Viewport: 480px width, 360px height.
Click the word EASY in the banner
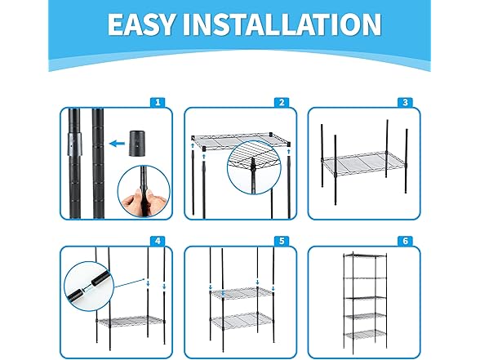[142, 24]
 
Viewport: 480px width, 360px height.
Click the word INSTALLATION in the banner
[282, 24]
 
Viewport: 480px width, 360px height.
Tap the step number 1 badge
[158, 102]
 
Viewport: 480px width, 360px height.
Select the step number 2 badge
[282, 102]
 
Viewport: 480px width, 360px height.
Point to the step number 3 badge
[405, 102]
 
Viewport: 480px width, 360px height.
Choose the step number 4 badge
[158, 241]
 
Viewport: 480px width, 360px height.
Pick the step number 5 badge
[282, 241]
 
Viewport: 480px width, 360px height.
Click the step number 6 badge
[405, 241]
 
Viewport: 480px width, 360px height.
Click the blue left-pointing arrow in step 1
[118, 143]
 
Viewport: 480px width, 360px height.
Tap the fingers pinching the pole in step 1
[144, 199]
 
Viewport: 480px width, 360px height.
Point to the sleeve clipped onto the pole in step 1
[75, 144]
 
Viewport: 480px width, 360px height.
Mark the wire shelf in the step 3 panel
[364, 164]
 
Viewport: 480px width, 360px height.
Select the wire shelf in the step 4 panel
[130, 321]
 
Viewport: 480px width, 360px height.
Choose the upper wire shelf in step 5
[242, 293]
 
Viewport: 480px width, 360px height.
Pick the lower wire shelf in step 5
[242, 320]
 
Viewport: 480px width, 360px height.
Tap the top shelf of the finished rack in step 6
[365, 256]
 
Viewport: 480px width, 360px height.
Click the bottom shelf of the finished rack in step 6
[365, 334]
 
